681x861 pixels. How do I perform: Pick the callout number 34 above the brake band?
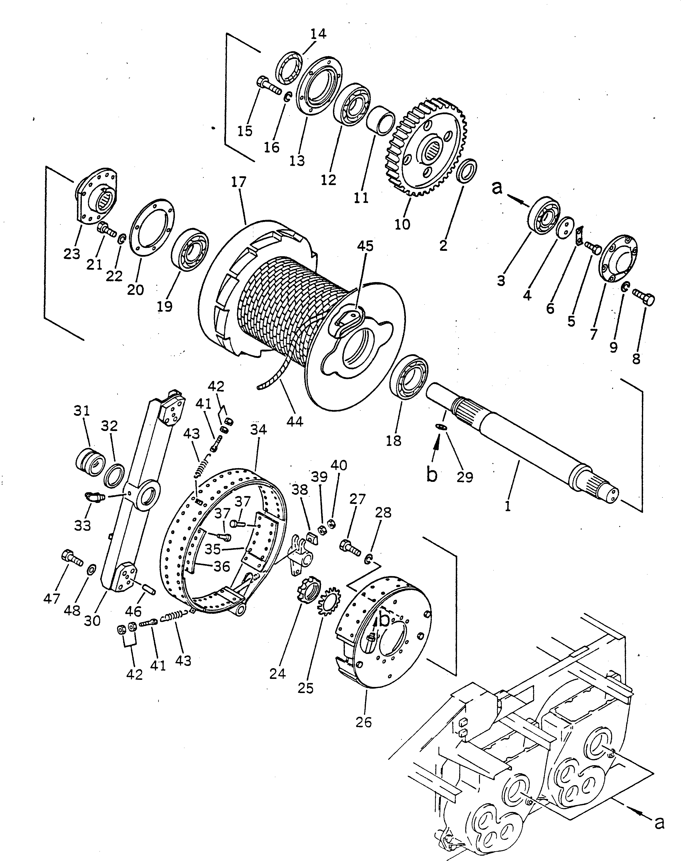pyautogui.click(x=258, y=430)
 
